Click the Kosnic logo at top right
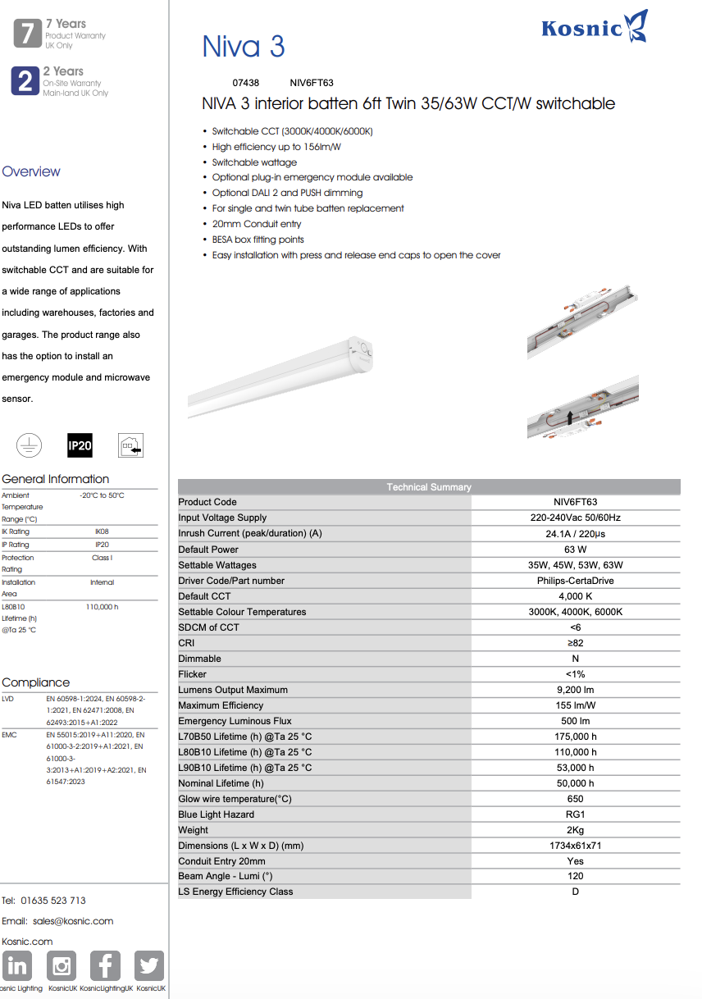pyautogui.click(x=595, y=27)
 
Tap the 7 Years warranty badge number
pyautogui.click(x=27, y=34)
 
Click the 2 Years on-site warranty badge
pyautogui.click(x=25, y=81)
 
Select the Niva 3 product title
pyautogui.click(x=244, y=46)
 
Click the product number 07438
pyautogui.click(x=245, y=83)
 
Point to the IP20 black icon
pyautogui.click(x=80, y=445)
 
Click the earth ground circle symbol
pyautogui.click(x=29, y=445)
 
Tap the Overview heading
pyautogui.click(x=31, y=171)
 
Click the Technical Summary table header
pyautogui.click(x=429, y=487)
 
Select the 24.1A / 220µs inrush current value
pyautogui.click(x=575, y=534)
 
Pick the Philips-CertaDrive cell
pyautogui.click(x=575, y=581)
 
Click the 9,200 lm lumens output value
pyautogui.click(x=575, y=690)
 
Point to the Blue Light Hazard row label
pyautogui.click(x=217, y=814)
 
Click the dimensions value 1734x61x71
pyautogui.click(x=575, y=846)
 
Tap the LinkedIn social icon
pyautogui.click(x=17, y=966)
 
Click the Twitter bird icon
pyautogui.click(x=148, y=966)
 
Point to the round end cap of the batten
pyautogui.click(x=362, y=349)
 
